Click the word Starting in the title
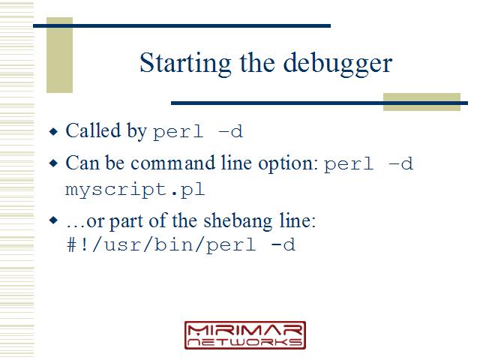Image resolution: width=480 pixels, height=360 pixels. pos(185,64)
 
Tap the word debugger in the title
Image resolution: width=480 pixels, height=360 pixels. pos(337,64)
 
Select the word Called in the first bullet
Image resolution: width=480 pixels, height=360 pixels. pos(93,130)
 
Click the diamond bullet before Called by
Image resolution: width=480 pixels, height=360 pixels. pos(53,132)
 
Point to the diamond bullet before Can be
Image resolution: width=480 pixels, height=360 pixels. pos(53,163)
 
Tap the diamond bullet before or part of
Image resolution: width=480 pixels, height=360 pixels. pos(53,220)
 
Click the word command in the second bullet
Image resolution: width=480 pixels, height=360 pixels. pos(172,163)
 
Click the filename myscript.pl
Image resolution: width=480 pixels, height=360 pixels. pos(135,190)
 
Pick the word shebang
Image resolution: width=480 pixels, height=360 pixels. pos(238,221)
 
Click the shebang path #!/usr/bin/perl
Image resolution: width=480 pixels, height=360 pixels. pos(161,245)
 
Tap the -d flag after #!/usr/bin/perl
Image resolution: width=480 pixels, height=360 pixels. pos(283,244)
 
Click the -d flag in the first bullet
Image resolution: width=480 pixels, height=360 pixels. pos(230,131)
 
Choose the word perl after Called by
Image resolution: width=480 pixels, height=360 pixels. pos(178,132)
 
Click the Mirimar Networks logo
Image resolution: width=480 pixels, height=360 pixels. pos(245,335)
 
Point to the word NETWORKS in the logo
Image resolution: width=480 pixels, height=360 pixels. pos(245,342)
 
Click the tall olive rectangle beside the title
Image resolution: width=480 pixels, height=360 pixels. pos(59,55)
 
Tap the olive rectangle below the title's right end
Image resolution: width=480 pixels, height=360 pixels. pos(421,102)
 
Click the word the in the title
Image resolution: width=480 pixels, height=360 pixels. pos(257,63)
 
